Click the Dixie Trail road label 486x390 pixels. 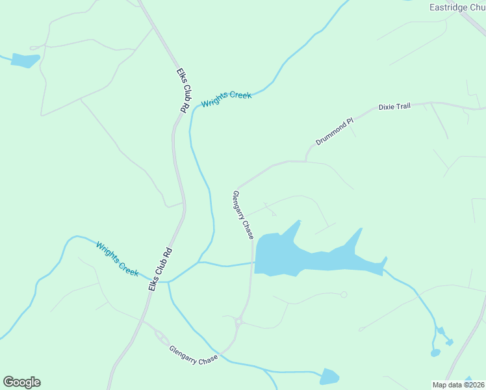(x=394, y=106)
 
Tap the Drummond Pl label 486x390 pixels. (x=334, y=131)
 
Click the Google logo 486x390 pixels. (x=21, y=382)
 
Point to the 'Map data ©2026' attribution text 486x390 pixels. (x=459, y=384)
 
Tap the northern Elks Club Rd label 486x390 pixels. (x=183, y=90)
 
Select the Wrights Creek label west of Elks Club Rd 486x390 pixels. (x=117, y=259)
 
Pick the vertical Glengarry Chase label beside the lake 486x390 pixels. (x=243, y=214)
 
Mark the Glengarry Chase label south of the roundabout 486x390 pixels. (x=194, y=355)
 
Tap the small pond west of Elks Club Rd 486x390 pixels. (x=25, y=60)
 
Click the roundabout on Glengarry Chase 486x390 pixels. (x=239, y=321)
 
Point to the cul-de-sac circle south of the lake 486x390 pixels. (x=344, y=294)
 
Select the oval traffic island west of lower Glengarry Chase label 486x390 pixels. (x=160, y=336)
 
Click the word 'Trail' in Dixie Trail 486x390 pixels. (x=403, y=105)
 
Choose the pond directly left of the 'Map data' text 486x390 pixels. (x=329, y=376)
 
